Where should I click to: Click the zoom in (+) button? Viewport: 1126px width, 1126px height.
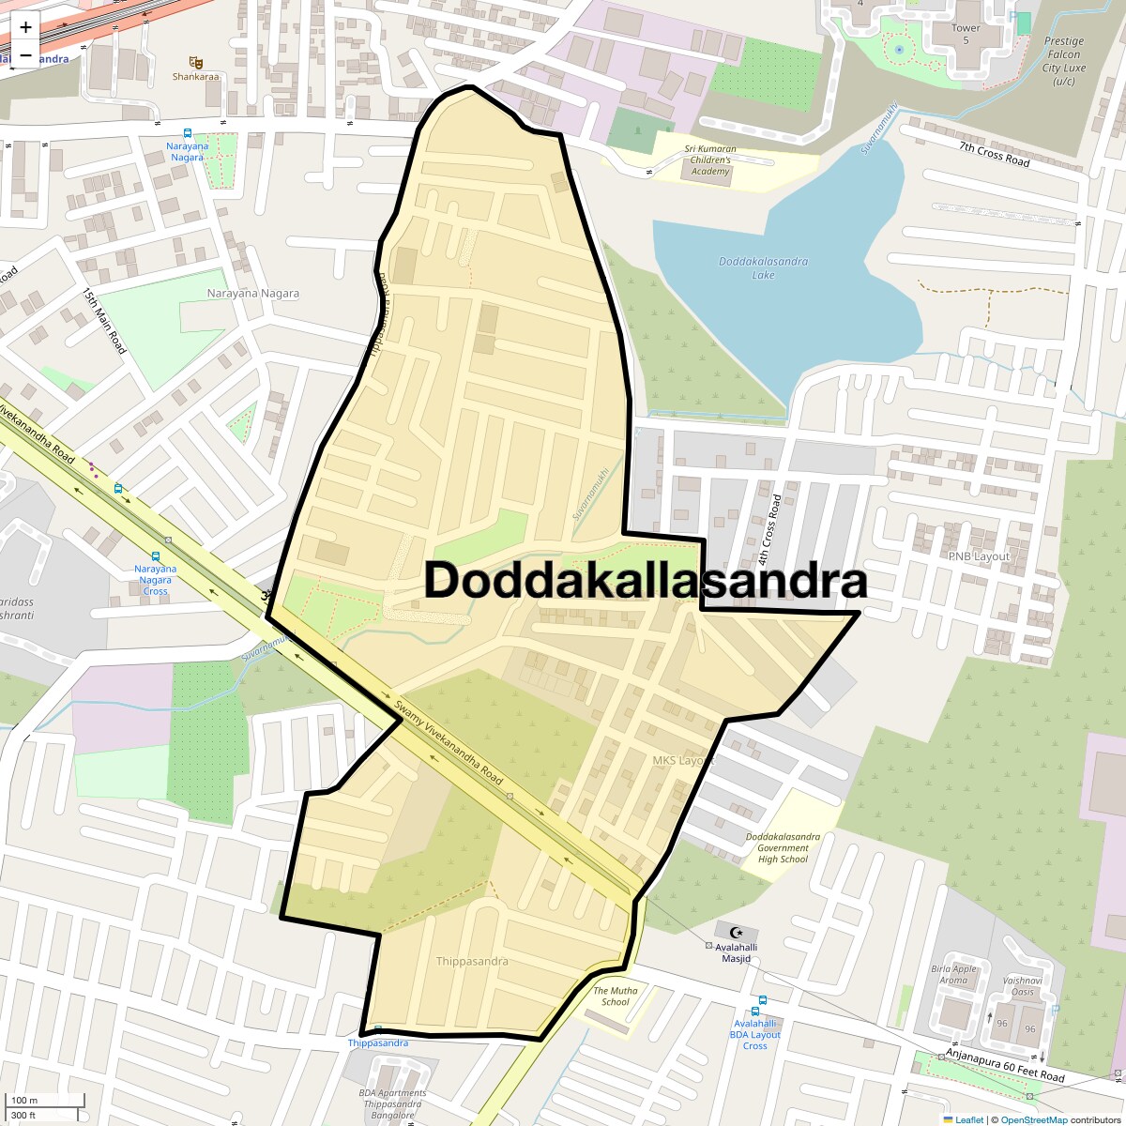(x=25, y=27)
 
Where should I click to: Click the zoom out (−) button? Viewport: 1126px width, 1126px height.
(x=25, y=54)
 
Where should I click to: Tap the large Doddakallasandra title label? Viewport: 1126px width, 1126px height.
(x=646, y=581)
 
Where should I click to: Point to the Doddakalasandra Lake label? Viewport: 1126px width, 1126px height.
(x=763, y=268)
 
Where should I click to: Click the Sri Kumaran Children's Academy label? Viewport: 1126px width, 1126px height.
(x=710, y=160)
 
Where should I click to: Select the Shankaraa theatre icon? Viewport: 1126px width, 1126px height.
(x=195, y=62)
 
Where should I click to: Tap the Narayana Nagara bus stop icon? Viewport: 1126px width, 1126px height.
(x=188, y=134)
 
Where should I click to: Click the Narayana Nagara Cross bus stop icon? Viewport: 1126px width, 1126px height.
(x=155, y=556)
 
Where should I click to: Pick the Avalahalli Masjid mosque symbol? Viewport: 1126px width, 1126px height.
(x=737, y=932)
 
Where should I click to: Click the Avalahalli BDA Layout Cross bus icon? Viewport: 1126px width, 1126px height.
(x=762, y=1001)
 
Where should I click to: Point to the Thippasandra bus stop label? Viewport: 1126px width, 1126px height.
(x=378, y=1042)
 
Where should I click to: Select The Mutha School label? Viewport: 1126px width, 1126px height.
(x=616, y=996)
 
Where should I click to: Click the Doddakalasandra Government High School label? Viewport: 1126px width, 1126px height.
(x=783, y=847)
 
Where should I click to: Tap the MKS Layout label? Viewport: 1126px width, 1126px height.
(x=683, y=759)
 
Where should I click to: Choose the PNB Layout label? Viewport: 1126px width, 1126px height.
(x=979, y=556)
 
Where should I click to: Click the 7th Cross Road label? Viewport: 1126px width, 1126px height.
(x=994, y=155)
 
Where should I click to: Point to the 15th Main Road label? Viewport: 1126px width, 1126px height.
(x=103, y=322)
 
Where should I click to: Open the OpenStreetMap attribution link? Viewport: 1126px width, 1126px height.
(x=1033, y=1119)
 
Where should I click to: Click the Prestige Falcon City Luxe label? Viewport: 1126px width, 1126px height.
(x=1064, y=61)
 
